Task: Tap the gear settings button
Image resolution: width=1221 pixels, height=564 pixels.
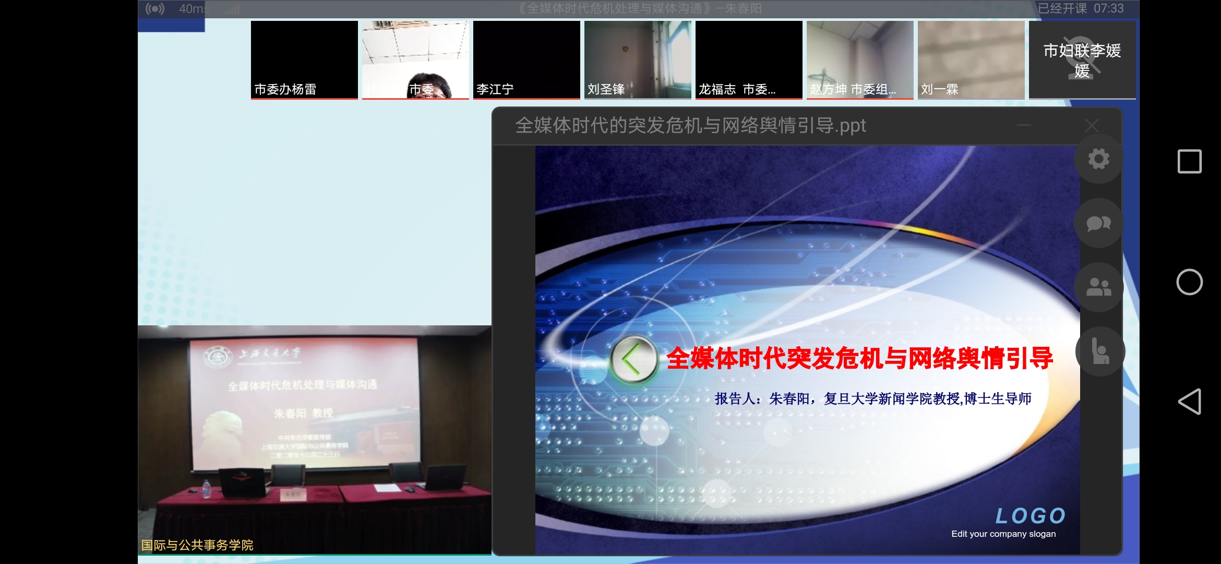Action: pos(1098,159)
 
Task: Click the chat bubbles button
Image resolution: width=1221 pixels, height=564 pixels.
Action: pos(1098,224)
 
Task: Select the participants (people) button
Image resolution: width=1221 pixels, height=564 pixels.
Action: pos(1098,287)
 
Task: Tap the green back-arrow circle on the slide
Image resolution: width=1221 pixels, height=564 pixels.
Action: pos(633,359)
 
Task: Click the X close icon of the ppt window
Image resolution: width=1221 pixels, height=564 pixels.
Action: pos(1092,125)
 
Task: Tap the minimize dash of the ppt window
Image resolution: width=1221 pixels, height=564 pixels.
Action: pos(1024,125)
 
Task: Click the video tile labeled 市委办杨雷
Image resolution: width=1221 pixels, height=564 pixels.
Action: pos(304,60)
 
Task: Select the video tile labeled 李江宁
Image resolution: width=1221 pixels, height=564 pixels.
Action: pos(526,60)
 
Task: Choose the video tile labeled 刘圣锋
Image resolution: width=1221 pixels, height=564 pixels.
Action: pos(638,60)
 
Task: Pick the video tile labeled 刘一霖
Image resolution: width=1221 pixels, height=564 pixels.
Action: pos(971,60)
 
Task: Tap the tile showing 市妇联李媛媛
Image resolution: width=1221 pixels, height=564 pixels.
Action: pos(1082,60)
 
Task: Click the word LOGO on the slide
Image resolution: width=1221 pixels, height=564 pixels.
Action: pos(1031,516)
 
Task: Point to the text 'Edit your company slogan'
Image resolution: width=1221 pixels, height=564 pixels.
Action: pos(1003,534)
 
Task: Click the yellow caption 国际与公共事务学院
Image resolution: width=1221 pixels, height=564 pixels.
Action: pos(197,545)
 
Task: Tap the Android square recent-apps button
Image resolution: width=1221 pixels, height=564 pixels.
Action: pos(1190,161)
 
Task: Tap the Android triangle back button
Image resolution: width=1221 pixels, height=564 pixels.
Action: pos(1190,402)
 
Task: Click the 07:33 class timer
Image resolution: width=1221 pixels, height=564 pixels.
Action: pos(1109,8)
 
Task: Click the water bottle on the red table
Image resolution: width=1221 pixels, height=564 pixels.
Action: pos(206,489)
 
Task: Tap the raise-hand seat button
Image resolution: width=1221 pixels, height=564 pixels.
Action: pos(1100,351)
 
